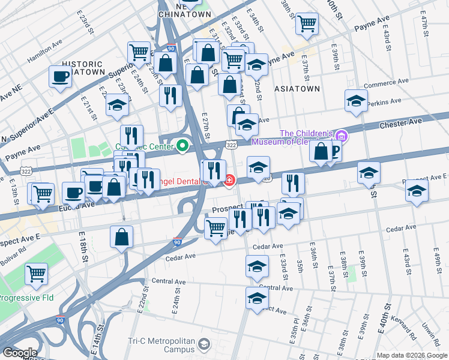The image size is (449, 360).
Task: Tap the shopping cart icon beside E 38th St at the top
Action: tap(307, 24)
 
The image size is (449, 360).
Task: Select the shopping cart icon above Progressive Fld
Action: tap(37, 274)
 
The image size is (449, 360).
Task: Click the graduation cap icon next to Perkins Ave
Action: tap(357, 101)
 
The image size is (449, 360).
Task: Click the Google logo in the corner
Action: tap(19, 353)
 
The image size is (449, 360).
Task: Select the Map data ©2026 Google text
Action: tap(411, 355)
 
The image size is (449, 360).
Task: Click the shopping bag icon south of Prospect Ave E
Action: tap(122, 237)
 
